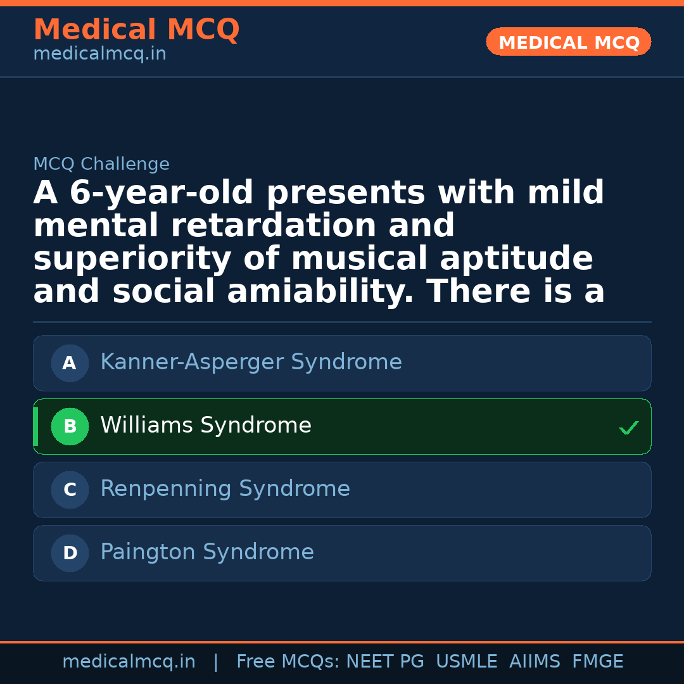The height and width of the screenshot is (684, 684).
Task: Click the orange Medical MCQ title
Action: click(x=136, y=30)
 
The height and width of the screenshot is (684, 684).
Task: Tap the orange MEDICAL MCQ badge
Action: click(x=569, y=42)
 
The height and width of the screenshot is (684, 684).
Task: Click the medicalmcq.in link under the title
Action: click(x=99, y=54)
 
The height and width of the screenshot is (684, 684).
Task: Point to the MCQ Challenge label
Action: click(x=101, y=164)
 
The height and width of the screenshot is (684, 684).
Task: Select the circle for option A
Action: click(x=70, y=364)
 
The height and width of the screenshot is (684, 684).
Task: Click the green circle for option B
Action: click(x=70, y=427)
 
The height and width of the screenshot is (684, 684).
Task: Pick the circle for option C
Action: click(x=70, y=490)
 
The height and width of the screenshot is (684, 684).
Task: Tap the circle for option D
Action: click(x=70, y=554)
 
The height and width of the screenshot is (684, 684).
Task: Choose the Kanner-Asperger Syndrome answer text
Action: click(x=251, y=362)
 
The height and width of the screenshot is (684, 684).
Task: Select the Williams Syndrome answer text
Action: click(x=206, y=426)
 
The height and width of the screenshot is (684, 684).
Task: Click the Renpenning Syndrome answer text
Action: click(x=225, y=489)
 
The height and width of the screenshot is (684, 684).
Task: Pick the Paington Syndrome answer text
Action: click(x=207, y=552)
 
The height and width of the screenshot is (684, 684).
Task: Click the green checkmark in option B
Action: click(x=628, y=428)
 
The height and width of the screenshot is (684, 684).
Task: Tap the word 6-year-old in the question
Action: click(x=143, y=193)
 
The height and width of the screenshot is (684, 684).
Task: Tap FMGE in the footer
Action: click(x=597, y=662)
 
